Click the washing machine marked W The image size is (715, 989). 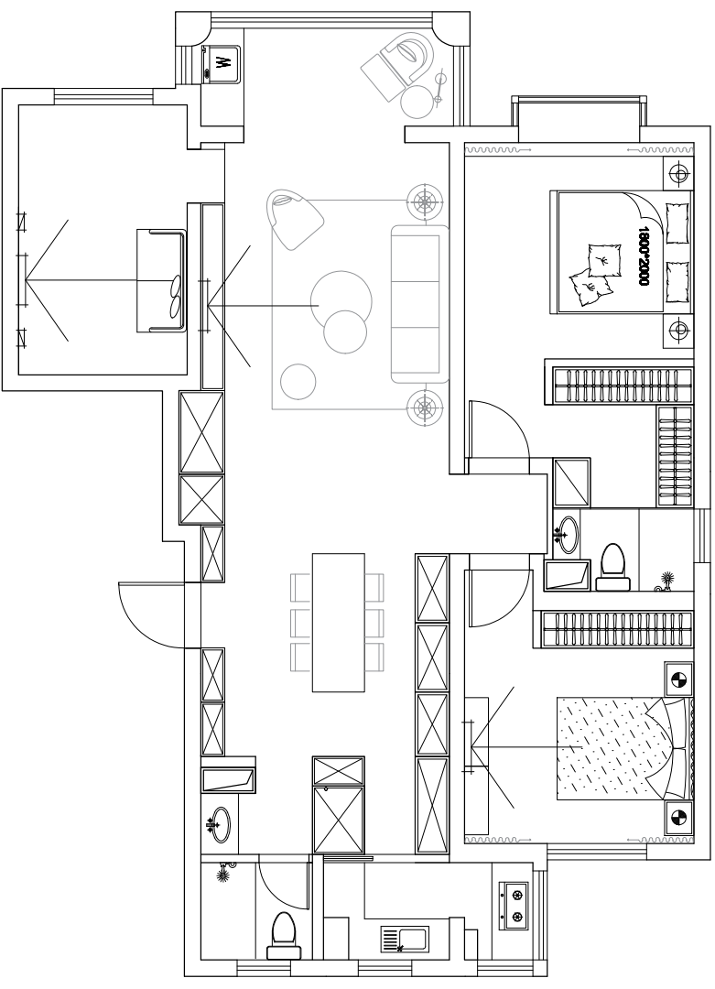point(221,63)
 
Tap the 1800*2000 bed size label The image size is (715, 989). point(643,256)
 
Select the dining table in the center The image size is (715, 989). point(339,622)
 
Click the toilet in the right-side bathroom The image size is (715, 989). point(612,567)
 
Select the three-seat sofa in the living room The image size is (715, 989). point(420,303)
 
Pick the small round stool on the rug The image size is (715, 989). point(298,382)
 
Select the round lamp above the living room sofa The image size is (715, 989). point(425,201)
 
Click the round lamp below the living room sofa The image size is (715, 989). point(425,407)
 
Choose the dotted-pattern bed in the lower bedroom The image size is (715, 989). point(624,749)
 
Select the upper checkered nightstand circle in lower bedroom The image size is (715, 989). point(679,679)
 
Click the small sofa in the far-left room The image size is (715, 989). point(161,280)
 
